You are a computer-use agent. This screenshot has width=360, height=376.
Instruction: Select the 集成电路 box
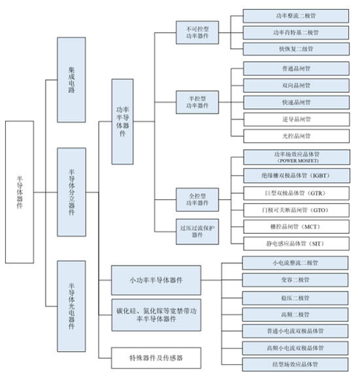pyautogui.click(x=71, y=79)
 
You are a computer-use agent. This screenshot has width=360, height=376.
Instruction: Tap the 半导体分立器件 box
pyautogui.click(x=71, y=191)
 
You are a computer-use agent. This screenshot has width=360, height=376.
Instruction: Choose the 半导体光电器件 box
pyautogui.click(x=71, y=305)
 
